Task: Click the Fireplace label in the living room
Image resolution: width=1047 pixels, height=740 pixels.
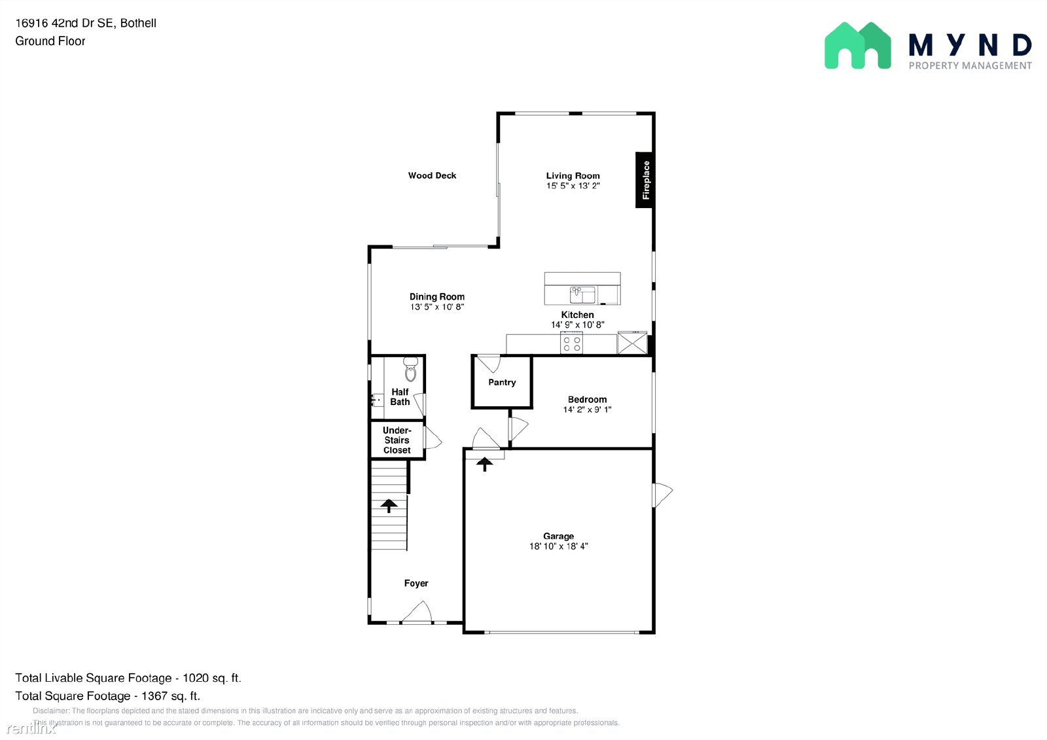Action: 645,180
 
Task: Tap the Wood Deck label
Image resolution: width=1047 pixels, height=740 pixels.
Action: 432,175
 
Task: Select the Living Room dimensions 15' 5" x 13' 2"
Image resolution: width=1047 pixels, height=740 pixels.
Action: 573,186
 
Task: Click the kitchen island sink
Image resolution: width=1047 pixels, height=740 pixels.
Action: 582,294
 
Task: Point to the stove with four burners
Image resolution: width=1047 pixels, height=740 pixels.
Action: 571,344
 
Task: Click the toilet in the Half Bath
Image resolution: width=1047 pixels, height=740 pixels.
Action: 410,370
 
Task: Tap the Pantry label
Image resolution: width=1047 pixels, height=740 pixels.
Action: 502,382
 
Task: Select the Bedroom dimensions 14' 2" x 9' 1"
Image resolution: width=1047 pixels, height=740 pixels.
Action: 587,410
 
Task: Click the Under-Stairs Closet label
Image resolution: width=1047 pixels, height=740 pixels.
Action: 397,440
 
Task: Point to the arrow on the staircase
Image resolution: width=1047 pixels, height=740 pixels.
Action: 389,505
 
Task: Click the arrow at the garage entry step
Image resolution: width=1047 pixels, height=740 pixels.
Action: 484,464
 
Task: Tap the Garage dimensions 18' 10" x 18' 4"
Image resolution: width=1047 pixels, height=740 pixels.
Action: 558,546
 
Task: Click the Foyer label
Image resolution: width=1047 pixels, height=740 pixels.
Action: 416,583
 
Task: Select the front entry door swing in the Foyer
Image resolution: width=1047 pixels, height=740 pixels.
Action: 417,613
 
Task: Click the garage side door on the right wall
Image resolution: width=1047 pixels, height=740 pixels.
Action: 662,494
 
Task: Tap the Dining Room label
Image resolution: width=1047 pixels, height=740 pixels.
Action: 437,296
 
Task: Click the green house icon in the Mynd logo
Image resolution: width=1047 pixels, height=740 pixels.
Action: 857,46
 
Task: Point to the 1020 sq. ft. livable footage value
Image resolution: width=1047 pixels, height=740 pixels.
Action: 211,678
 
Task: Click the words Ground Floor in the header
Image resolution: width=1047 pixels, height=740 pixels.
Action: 50,41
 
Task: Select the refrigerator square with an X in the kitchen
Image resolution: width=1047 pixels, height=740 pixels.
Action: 632,344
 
